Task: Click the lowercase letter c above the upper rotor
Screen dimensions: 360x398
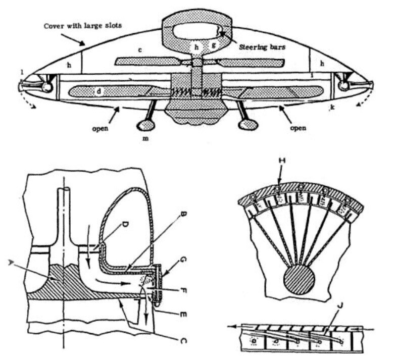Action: pyautogui.click(x=140, y=50)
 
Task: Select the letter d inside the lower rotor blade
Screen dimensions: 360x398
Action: pyautogui.click(x=99, y=91)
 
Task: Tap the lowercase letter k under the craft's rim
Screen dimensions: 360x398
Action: pyautogui.click(x=332, y=108)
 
